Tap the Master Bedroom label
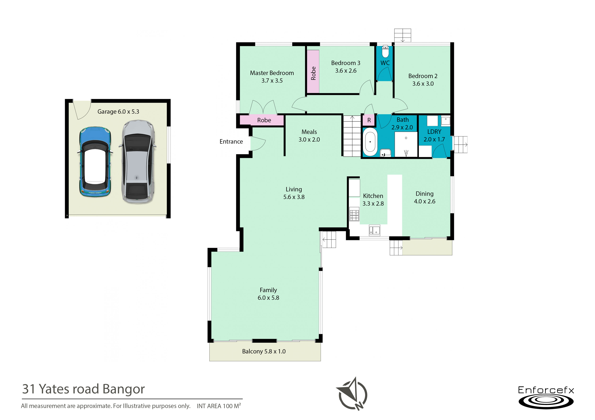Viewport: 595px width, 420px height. point(272,73)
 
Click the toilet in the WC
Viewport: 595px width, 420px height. point(386,51)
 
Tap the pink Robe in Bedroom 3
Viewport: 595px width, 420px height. point(313,71)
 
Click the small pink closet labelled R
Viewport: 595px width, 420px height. point(369,120)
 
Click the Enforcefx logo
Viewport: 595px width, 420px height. point(546,397)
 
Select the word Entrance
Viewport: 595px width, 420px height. point(231,142)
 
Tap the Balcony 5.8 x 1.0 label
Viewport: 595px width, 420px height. point(264,351)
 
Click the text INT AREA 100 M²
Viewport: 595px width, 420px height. point(219,406)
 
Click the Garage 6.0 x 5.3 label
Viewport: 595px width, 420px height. point(118,112)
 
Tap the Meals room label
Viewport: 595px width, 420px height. point(309,132)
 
